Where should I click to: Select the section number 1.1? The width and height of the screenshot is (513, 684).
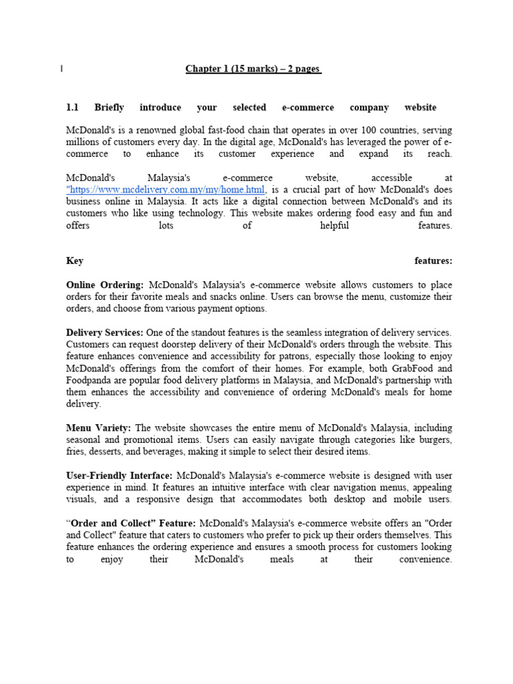(x=73, y=108)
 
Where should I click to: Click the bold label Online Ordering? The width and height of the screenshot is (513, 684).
(x=105, y=285)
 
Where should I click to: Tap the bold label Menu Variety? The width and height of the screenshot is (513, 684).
(x=99, y=427)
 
